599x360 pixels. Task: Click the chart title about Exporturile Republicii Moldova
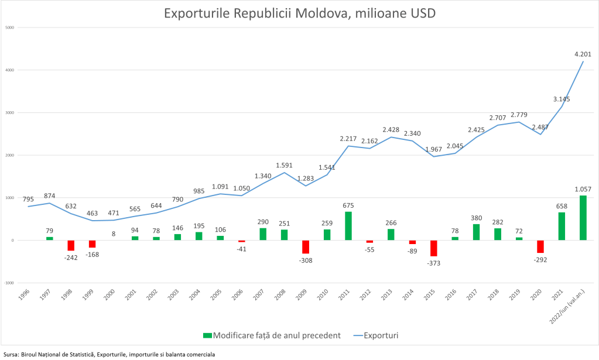pyautogui.click(x=299, y=13)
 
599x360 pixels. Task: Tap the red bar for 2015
pyautogui.click(x=434, y=248)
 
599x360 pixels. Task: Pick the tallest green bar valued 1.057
pyautogui.click(x=583, y=218)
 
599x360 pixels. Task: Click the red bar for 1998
pyautogui.click(x=71, y=245)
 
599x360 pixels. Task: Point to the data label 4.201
pyautogui.click(x=583, y=54)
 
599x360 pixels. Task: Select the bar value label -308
pyautogui.click(x=306, y=260)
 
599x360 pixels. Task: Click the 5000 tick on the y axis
pyautogui.click(x=10, y=28)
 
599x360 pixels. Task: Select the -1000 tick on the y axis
pyautogui.click(x=9, y=283)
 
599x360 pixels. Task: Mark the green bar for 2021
pyautogui.click(x=562, y=226)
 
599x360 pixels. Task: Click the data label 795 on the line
pyautogui.click(x=28, y=199)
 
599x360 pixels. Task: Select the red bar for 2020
pyautogui.click(x=540, y=246)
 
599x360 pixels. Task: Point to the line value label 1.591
pyautogui.click(x=285, y=165)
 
